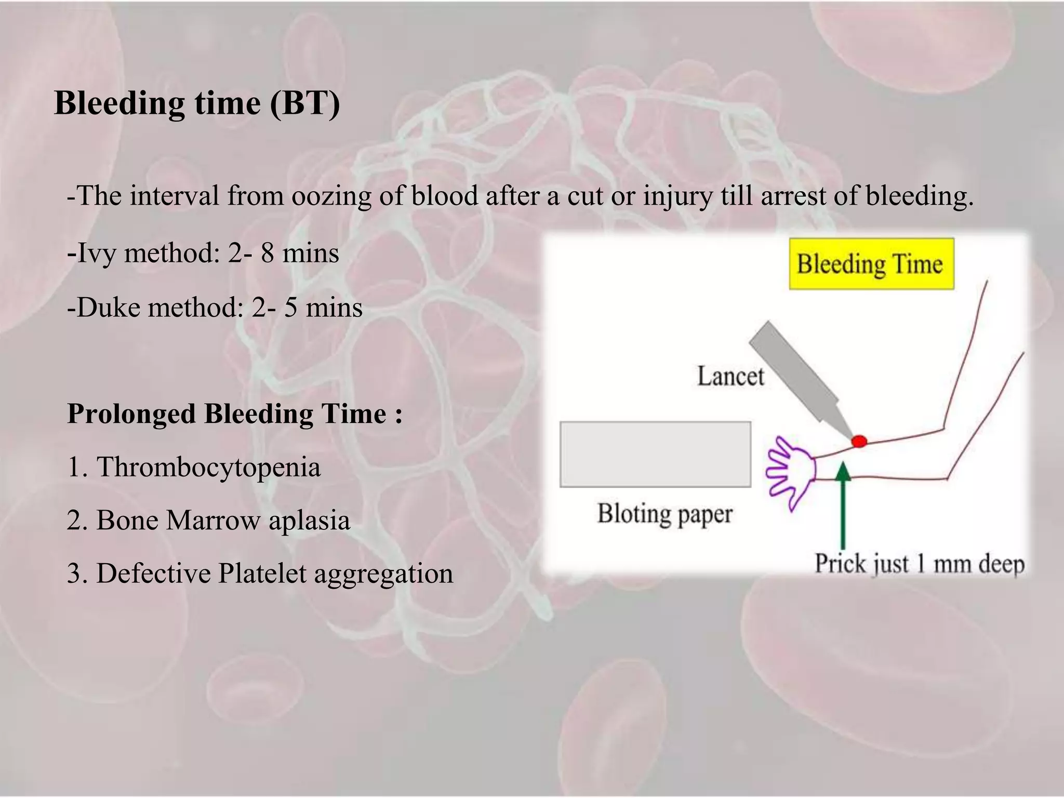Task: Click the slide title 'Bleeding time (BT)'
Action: pyautogui.click(x=197, y=103)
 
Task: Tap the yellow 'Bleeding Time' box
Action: pyautogui.click(x=871, y=264)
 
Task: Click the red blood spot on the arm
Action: pyautogui.click(x=859, y=442)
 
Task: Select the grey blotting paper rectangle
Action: pyautogui.click(x=655, y=454)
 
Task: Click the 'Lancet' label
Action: pyautogui.click(x=730, y=376)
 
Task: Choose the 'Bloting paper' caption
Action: pyautogui.click(x=664, y=514)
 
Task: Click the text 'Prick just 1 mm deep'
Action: pyautogui.click(x=919, y=564)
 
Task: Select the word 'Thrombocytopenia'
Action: pyautogui.click(x=208, y=467)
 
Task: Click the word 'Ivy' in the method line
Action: pyautogui.click(x=97, y=254)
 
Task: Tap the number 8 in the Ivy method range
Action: pyautogui.click(x=267, y=254)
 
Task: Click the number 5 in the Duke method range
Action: pyautogui.click(x=290, y=308)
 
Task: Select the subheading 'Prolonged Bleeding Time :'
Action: pyautogui.click(x=235, y=414)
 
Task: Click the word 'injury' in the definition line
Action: pyautogui.click(x=677, y=196)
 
